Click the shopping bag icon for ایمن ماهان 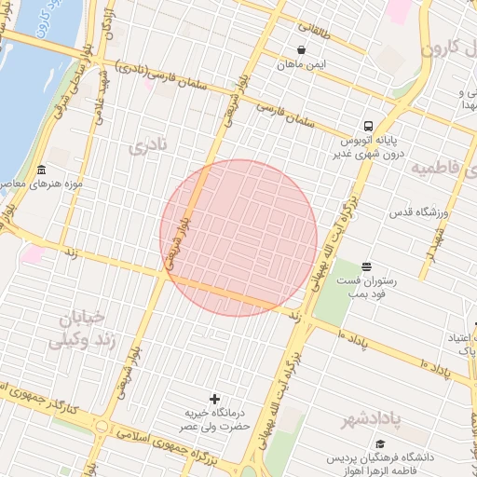pos(301,49)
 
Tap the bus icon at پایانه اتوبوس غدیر pos(368,126)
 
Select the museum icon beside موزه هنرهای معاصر pos(41,170)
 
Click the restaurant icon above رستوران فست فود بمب pos(366,266)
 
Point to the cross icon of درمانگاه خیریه pos(216,399)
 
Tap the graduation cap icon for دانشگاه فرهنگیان pos(380,445)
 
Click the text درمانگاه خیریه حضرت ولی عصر pos(217,419)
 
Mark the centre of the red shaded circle pos(238,238)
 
